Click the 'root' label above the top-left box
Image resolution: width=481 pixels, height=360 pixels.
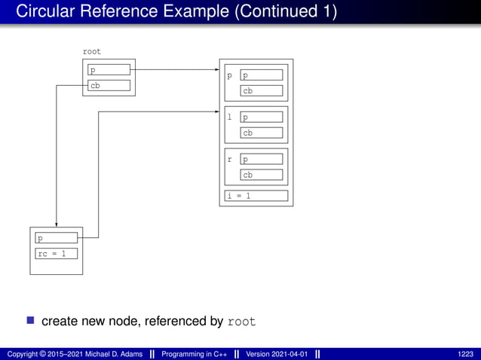91,52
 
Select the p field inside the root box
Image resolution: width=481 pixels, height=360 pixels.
109,70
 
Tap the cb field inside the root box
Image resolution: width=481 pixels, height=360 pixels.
109,86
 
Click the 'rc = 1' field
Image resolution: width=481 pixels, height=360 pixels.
57,253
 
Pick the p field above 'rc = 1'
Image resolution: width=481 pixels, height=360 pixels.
57,238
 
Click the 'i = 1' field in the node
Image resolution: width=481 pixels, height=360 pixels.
256,196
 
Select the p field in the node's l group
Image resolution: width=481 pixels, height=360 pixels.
262,117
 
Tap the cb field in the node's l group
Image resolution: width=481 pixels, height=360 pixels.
262,133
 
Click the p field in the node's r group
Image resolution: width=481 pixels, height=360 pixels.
262,159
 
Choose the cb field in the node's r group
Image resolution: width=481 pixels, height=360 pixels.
262,175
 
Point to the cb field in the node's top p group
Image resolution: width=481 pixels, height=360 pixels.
262,91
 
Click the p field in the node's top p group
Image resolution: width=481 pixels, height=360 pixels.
262,75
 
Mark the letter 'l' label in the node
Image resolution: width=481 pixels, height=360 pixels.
230,117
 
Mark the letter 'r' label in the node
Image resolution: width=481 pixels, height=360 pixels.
230,159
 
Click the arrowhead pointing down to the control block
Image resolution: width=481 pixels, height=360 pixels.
57,223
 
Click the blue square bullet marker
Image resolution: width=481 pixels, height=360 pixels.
31,321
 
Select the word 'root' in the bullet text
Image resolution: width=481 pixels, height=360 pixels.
241,322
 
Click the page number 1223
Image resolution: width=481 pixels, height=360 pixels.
466,354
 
